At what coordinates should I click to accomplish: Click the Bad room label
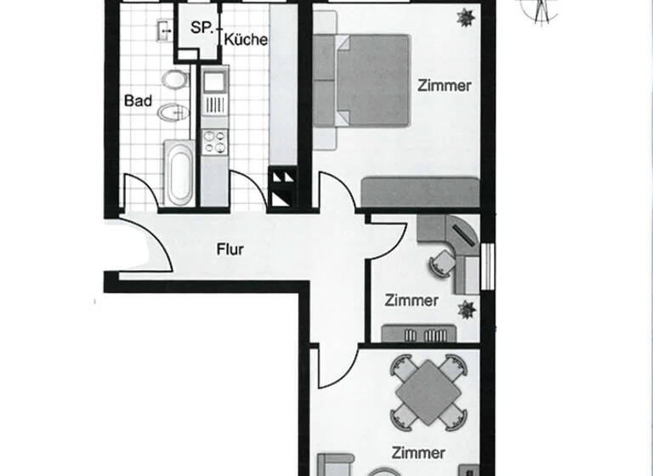pyautogui.click(x=138, y=101)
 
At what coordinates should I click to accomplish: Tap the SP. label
pyautogui.click(x=202, y=27)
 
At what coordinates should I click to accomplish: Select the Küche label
pyautogui.click(x=247, y=39)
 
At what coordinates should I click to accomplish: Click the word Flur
pyautogui.click(x=230, y=250)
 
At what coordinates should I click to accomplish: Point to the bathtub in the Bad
pyautogui.click(x=179, y=173)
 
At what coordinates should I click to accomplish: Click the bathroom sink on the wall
pyautogui.click(x=164, y=31)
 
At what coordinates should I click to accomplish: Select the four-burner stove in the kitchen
pyautogui.click(x=215, y=141)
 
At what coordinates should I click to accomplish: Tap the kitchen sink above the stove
pyautogui.click(x=213, y=83)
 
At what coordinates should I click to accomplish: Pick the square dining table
pyautogui.click(x=429, y=391)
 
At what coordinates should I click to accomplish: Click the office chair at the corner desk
pyautogui.click(x=440, y=263)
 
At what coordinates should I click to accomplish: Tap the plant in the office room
pyautogui.click(x=465, y=307)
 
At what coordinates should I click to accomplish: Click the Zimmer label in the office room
pyautogui.click(x=412, y=300)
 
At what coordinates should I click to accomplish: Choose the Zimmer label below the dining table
pyautogui.click(x=418, y=451)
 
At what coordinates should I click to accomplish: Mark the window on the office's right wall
pyautogui.click(x=486, y=266)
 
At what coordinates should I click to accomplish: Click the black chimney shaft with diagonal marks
pyautogui.click(x=282, y=188)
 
